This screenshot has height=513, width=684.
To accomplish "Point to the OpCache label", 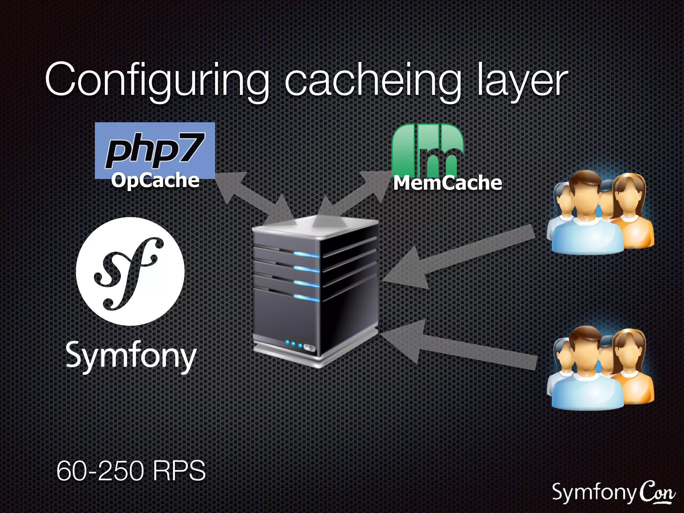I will (155, 180).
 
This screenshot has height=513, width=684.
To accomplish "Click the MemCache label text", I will (448, 183).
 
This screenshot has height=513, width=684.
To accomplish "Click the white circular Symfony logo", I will (130, 271).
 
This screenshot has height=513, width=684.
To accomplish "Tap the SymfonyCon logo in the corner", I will (613, 493).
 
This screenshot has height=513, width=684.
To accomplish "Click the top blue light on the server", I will (307, 255).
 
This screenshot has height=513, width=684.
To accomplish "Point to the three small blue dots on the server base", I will (293, 344).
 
